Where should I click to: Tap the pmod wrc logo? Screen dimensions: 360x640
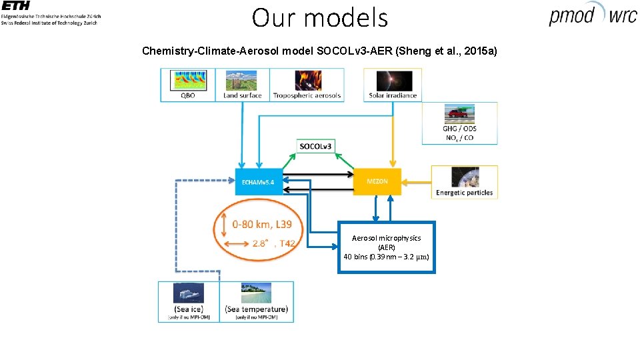click(592, 15)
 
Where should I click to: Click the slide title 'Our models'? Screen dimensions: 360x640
click(319, 17)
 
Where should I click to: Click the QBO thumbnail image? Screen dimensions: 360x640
click(190, 81)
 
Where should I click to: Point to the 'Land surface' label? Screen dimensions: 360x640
click(243, 95)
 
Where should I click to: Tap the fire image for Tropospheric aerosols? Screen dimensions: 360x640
click(307, 81)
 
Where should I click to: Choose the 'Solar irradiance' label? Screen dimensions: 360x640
click(393, 95)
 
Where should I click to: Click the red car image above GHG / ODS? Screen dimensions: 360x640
click(459, 113)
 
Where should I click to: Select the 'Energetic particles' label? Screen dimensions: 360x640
click(464, 193)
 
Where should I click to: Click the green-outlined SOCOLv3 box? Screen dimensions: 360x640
click(315, 146)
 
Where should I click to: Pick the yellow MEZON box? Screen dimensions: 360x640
click(377, 181)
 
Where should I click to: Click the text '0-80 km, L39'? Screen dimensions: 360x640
click(262, 225)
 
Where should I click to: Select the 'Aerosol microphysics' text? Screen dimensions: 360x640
click(387, 238)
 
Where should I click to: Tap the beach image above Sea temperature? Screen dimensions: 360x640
click(257, 293)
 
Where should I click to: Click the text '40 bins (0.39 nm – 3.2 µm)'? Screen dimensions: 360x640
click(387, 257)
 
